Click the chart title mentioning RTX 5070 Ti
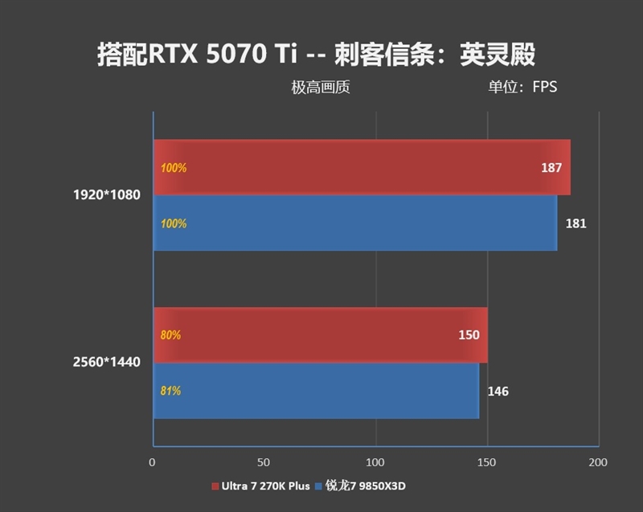click(316, 54)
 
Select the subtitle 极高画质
click(320, 88)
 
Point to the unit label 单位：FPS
click(522, 88)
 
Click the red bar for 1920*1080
click(362, 167)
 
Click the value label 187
click(551, 168)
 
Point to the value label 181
click(575, 223)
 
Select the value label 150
click(469, 335)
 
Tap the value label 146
click(498, 391)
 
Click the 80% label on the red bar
click(170, 335)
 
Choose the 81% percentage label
click(170, 391)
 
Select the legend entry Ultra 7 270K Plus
click(262, 486)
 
